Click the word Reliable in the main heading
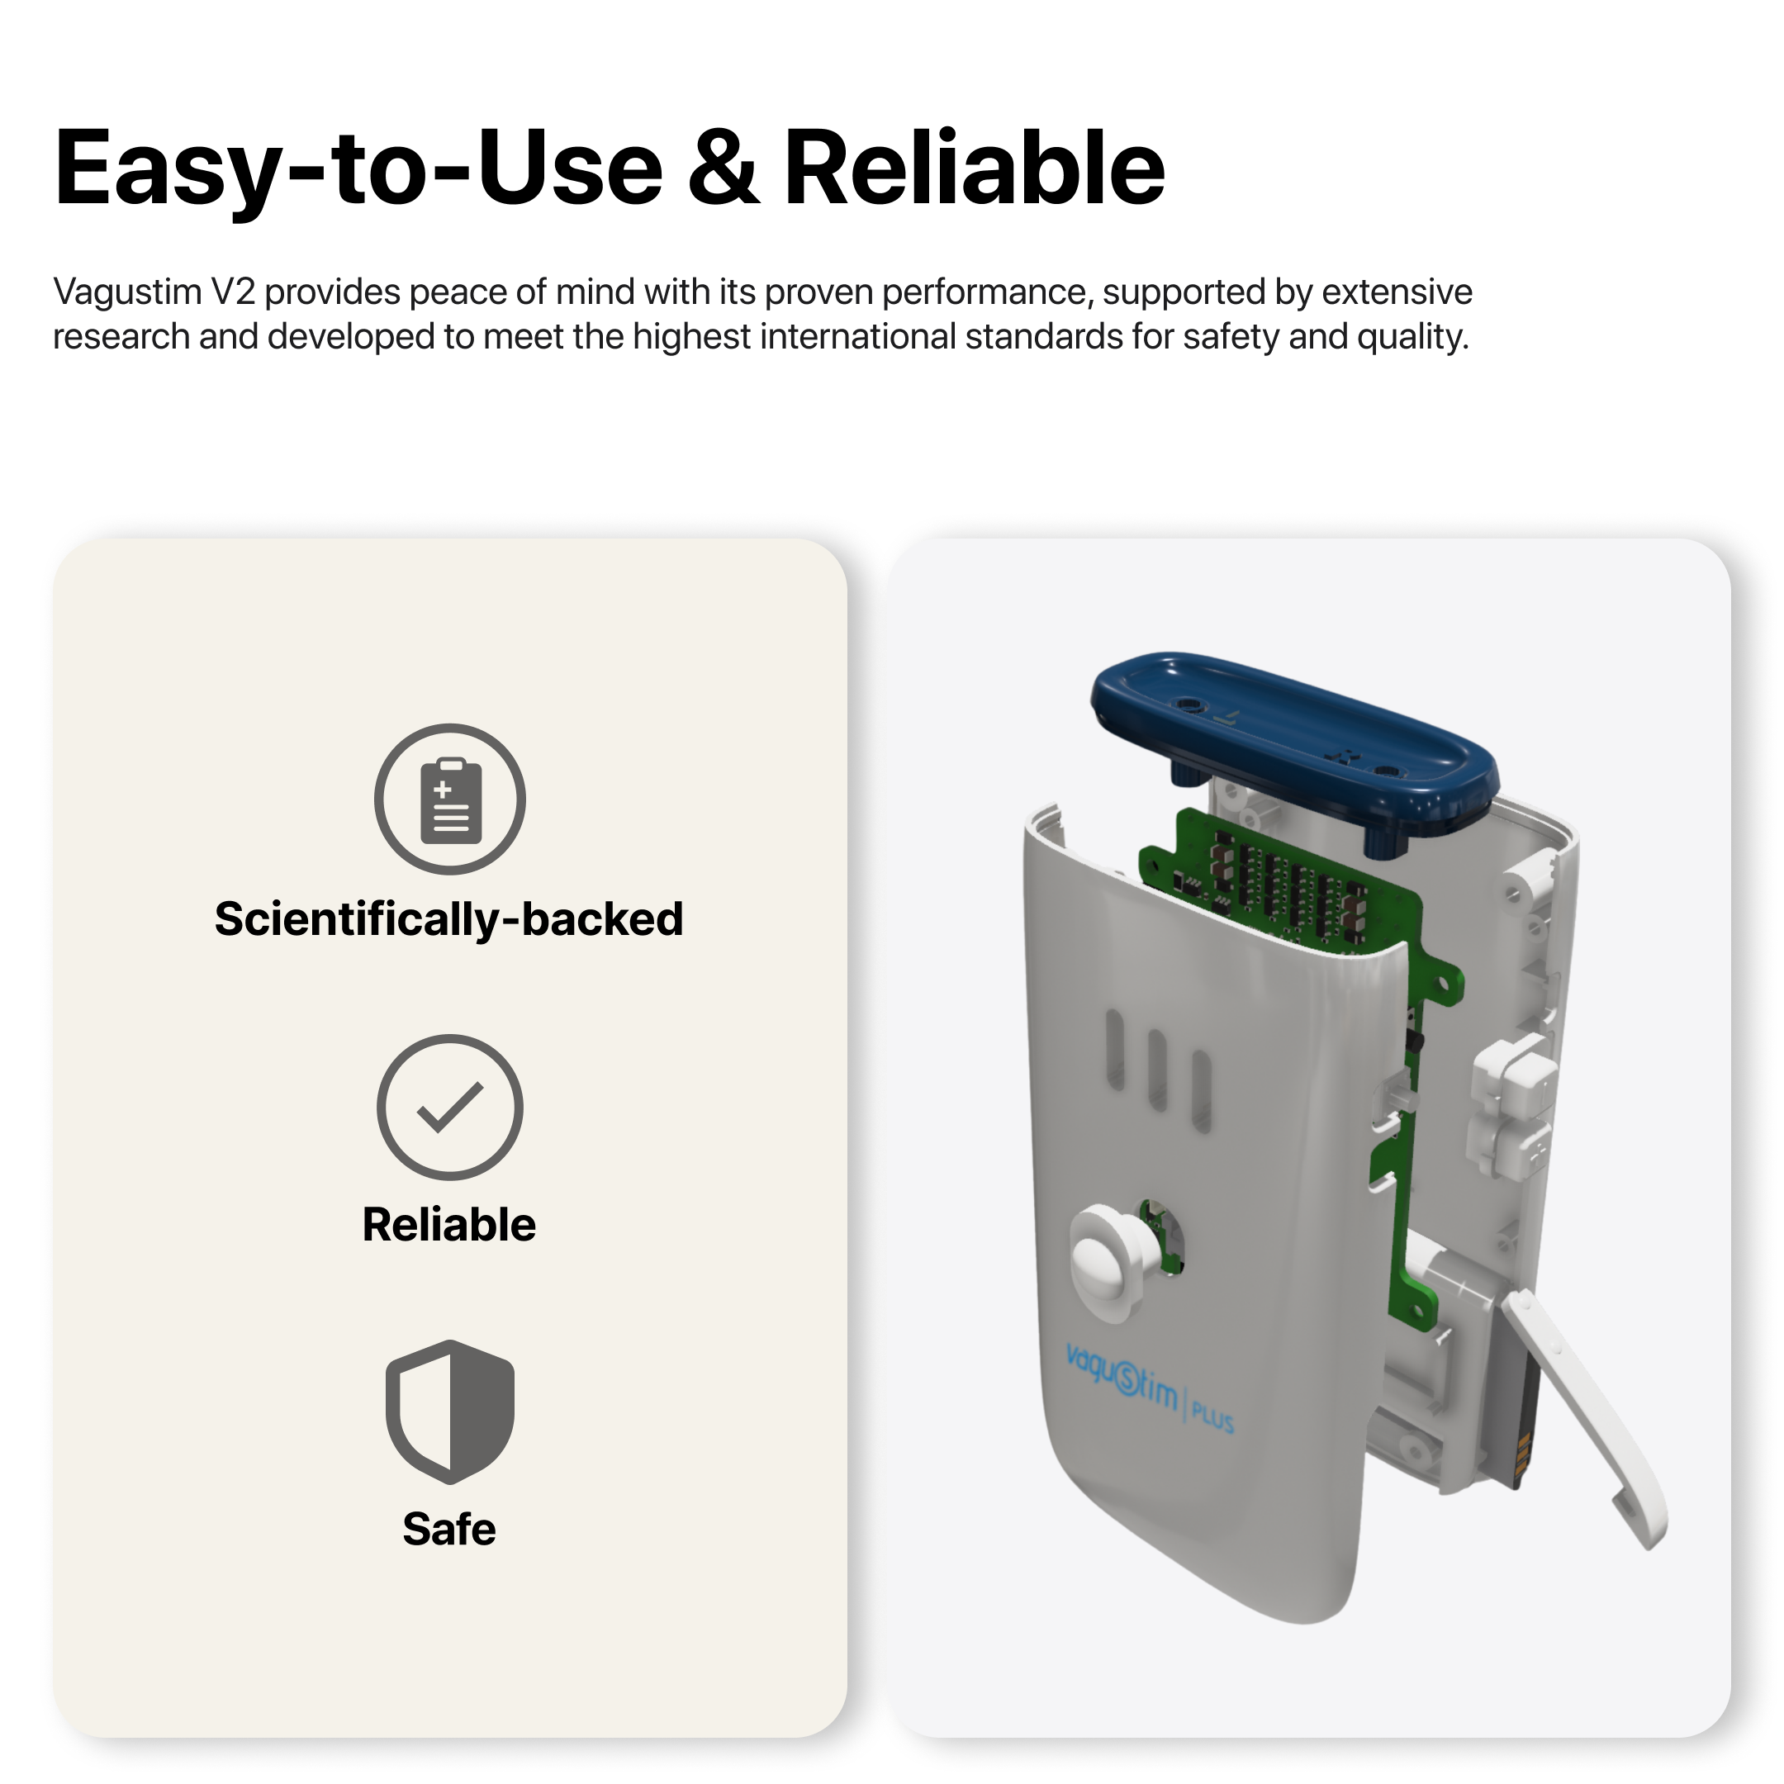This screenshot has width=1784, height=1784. (975, 167)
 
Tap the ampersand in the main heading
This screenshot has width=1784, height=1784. (723, 168)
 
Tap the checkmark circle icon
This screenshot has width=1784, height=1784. (449, 1107)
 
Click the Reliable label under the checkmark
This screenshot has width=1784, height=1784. (448, 1224)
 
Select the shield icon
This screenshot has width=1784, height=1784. (449, 1412)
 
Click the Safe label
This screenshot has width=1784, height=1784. (448, 1529)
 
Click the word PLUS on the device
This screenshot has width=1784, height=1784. (1212, 1415)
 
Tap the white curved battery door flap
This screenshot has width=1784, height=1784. (1583, 1417)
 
